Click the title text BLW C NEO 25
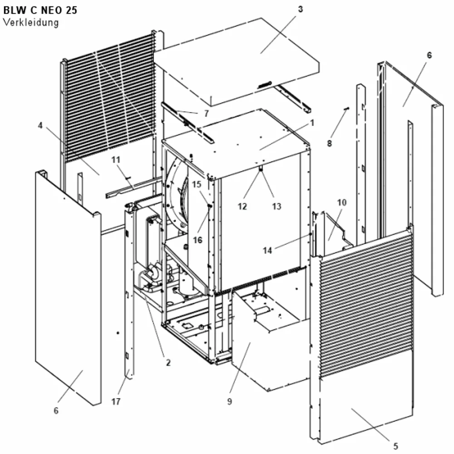point(40,10)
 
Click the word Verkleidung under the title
point(31,22)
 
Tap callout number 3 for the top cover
point(300,9)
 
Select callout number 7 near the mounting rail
point(206,113)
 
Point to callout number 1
point(312,123)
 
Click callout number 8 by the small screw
point(329,143)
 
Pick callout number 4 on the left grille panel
point(40,125)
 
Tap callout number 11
point(116,159)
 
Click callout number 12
point(242,206)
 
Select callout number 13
point(276,206)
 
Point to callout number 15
point(197,184)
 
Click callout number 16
point(197,240)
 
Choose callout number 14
point(267,250)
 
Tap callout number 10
point(342,202)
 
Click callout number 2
point(168,362)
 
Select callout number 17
point(115,402)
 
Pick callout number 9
point(230,402)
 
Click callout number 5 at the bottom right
point(395,446)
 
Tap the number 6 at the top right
point(429,55)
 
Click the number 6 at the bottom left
point(56,410)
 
